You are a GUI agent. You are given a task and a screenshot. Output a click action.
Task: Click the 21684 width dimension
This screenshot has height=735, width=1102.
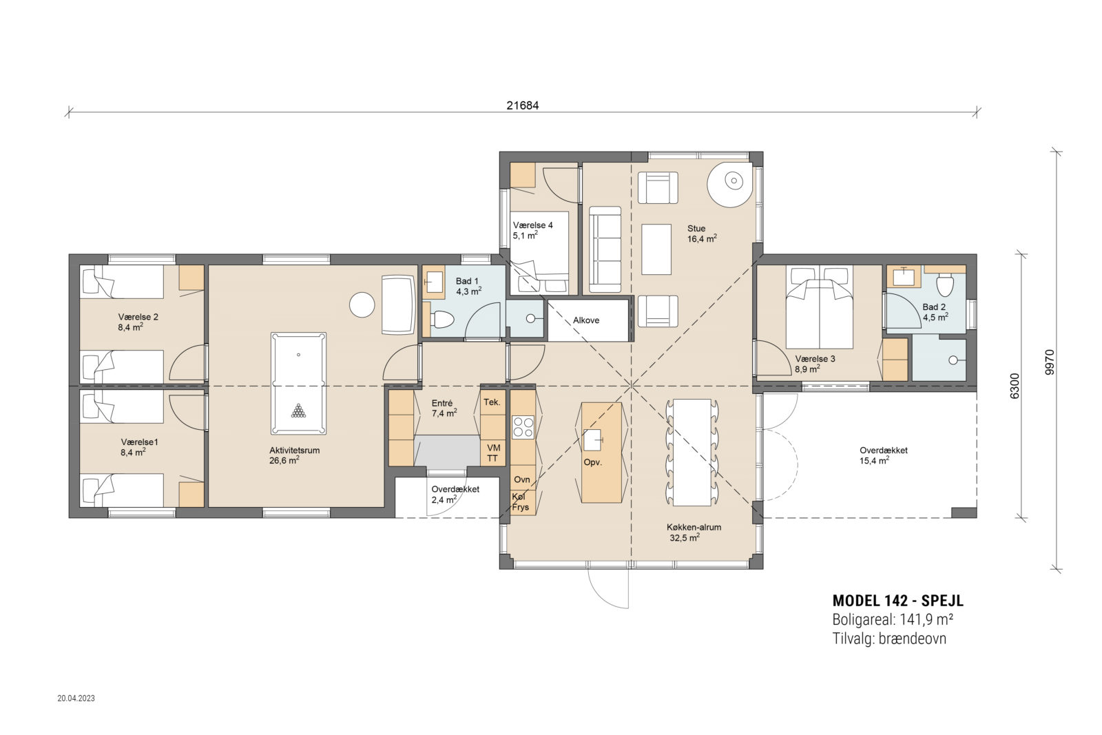click(x=523, y=105)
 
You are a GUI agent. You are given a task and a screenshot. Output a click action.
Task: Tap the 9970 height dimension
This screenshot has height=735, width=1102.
click(x=1050, y=362)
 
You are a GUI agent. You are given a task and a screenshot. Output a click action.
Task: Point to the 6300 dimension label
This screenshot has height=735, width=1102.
click(x=1014, y=386)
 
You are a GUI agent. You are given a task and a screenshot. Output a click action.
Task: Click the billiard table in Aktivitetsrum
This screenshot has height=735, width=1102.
click(x=298, y=383)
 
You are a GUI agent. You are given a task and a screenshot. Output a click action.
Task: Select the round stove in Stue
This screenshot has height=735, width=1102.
click(x=730, y=183)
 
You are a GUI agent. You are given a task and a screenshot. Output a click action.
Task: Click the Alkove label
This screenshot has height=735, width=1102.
click(x=586, y=320)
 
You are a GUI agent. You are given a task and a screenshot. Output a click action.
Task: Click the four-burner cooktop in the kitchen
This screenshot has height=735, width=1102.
click(x=523, y=427)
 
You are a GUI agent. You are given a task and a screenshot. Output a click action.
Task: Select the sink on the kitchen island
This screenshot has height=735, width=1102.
click(x=592, y=439)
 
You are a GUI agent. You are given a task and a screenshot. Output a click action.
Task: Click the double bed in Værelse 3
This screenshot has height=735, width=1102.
click(x=819, y=307)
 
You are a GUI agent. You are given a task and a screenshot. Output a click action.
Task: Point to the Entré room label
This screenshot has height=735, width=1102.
click(x=441, y=404)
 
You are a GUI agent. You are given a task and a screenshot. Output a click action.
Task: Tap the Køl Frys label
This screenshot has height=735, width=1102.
click(x=520, y=501)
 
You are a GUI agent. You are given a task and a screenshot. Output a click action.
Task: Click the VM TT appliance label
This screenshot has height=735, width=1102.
click(x=493, y=453)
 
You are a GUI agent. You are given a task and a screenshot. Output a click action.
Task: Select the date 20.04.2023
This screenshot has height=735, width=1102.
click(x=76, y=698)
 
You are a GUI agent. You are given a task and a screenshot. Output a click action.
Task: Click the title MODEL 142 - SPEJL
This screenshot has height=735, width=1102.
click(x=898, y=601)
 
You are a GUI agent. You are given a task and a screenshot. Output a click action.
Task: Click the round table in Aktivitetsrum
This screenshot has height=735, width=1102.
click(x=362, y=305)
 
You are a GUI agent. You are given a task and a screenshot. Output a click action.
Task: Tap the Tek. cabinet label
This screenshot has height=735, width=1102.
click(x=492, y=402)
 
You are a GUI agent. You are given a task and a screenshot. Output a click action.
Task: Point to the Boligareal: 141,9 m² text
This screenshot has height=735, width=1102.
click(x=893, y=619)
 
